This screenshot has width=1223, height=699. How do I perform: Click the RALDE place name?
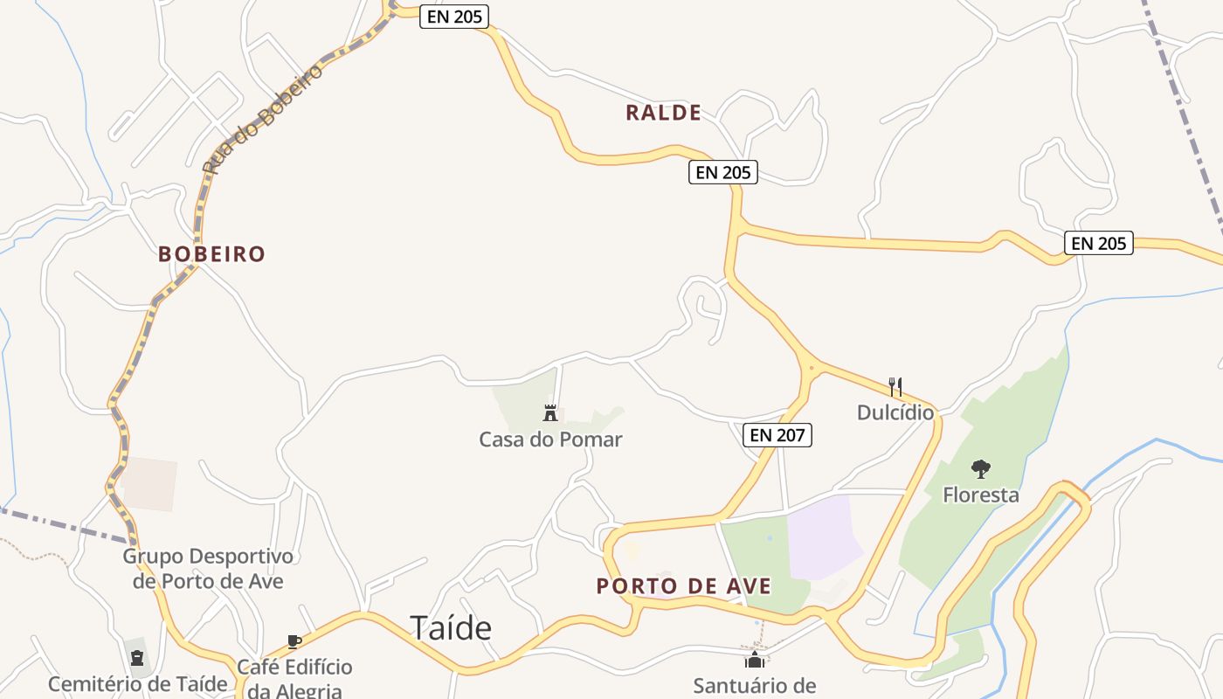tap(663, 113)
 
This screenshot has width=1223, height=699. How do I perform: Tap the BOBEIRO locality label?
tap(211, 254)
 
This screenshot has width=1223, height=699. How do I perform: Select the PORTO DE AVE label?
tap(684, 586)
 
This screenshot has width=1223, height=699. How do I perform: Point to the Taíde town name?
tap(451, 627)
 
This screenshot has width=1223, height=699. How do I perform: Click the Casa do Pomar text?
tap(550, 439)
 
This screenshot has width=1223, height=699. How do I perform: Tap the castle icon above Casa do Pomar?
tap(550, 413)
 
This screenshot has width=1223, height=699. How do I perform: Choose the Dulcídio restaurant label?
tap(895, 412)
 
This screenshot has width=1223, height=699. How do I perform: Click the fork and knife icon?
tap(895, 386)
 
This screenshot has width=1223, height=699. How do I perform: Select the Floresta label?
tap(980, 495)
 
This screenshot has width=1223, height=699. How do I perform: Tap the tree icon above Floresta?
tap(981, 469)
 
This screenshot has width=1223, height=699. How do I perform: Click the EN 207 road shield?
tap(777, 435)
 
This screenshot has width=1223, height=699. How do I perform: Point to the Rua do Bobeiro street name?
tap(262, 119)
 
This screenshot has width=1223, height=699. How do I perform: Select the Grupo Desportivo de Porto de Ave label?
tap(208, 568)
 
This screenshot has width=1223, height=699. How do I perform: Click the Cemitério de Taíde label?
tap(137, 684)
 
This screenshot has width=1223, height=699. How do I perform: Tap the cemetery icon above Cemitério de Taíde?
tap(137, 658)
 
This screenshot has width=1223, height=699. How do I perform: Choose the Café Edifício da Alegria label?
tap(295, 678)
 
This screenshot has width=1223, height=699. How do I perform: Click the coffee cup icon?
tap(294, 642)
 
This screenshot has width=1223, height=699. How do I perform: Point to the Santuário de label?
tap(755, 686)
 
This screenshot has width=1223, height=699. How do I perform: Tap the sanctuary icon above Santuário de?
tap(755, 660)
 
